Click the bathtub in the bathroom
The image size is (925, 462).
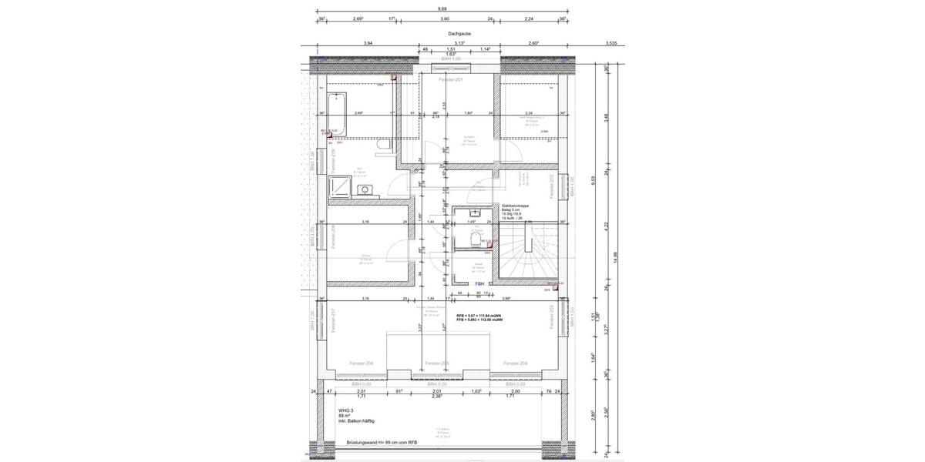tap(337, 113)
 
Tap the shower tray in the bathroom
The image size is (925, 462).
tap(339, 186)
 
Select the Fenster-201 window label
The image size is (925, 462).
tap(450, 80)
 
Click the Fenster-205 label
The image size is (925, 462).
tap(437, 363)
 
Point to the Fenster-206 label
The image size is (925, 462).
tap(362, 363)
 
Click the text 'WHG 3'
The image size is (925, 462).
tap(344, 411)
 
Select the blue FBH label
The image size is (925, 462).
tap(479, 284)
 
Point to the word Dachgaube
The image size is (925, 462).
tap(459, 34)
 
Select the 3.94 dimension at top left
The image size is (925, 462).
tap(368, 44)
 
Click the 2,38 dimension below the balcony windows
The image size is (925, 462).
tap(437, 396)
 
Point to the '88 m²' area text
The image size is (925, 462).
tap(345, 417)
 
